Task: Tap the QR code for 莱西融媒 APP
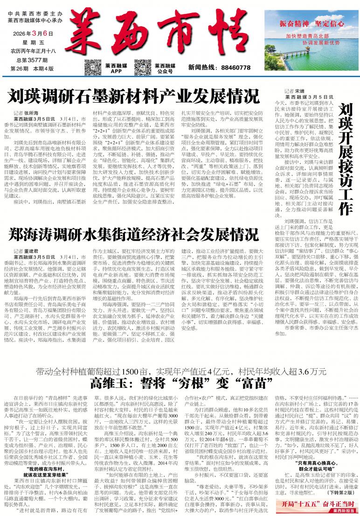tap(92, 68)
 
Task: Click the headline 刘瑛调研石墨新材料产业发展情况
tap(133, 97)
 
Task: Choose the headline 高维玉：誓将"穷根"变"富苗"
tap(181, 384)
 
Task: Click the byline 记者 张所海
tap(27, 113)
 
